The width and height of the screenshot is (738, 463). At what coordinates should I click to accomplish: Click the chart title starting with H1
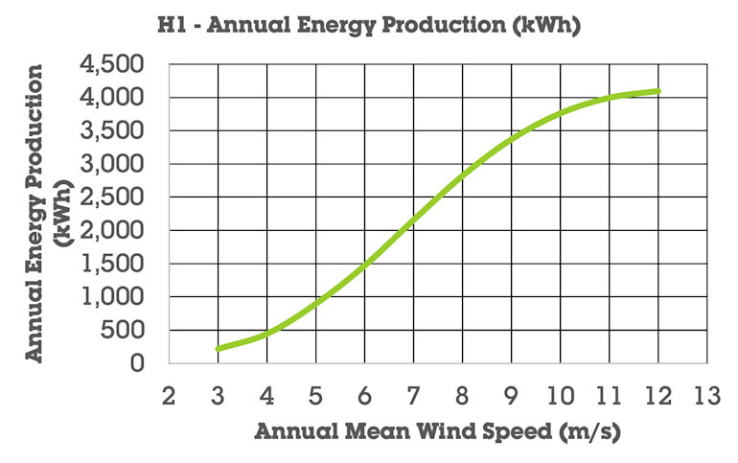369,26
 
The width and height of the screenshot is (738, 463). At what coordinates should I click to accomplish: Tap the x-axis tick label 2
169,396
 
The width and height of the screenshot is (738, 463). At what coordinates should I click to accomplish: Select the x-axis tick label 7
414,396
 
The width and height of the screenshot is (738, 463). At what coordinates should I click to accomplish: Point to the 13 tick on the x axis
707,396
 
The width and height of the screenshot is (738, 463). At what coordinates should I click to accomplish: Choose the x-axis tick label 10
561,396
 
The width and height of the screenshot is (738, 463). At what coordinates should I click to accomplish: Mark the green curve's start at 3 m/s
219,348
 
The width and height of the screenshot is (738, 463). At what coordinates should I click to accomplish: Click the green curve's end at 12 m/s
658,91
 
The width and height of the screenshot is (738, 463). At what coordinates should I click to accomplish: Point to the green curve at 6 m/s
365,266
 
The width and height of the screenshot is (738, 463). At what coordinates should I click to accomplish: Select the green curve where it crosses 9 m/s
512,139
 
